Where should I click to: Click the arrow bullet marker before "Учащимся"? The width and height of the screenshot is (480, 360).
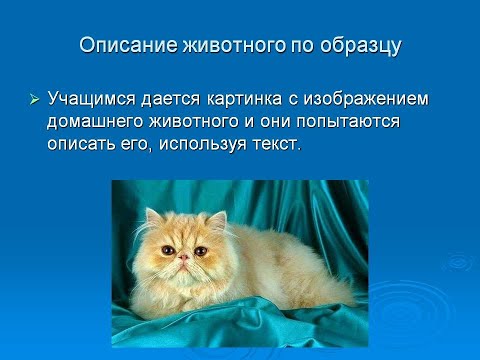coord(33,100)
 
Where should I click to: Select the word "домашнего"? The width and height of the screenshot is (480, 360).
coord(96,122)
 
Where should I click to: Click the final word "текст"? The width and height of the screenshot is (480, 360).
coord(277,144)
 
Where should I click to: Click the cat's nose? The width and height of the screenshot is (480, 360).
coord(183,258)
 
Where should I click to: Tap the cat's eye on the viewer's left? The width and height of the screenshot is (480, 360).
coord(166,249)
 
